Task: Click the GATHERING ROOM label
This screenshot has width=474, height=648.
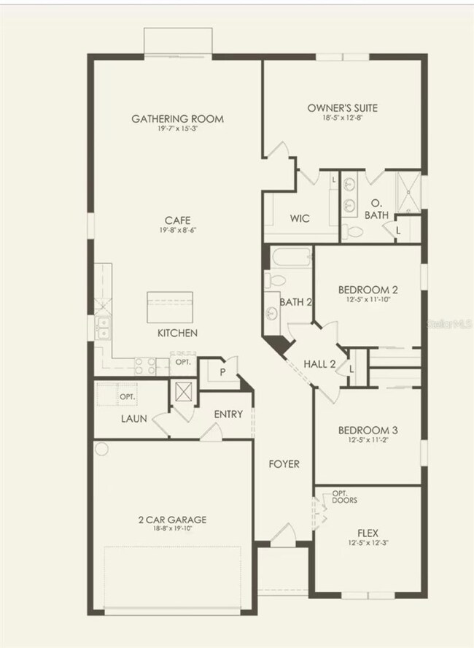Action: point(177,118)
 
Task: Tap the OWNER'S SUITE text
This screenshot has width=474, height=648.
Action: point(342,108)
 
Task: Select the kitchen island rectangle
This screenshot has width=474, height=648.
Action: point(170,306)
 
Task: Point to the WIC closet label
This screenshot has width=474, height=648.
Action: point(300,218)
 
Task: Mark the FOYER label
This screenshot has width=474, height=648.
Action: point(283,463)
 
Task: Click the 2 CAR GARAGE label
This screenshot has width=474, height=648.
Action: point(172,520)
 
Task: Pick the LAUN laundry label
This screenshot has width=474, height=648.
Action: point(135,419)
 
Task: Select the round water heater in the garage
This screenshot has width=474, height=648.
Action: point(101,448)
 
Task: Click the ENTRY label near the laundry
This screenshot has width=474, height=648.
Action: point(228,414)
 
